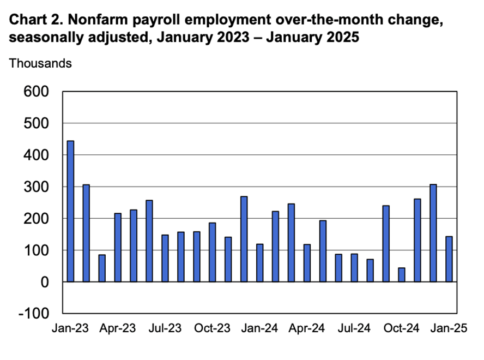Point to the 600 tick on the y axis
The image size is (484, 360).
(x=36, y=92)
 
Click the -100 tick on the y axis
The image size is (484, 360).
(x=34, y=314)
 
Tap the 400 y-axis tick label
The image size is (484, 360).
(x=36, y=155)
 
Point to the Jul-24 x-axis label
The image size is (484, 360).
(x=355, y=329)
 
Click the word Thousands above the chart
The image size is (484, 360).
(x=40, y=63)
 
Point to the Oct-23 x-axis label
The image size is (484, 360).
(x=213, y=329)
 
